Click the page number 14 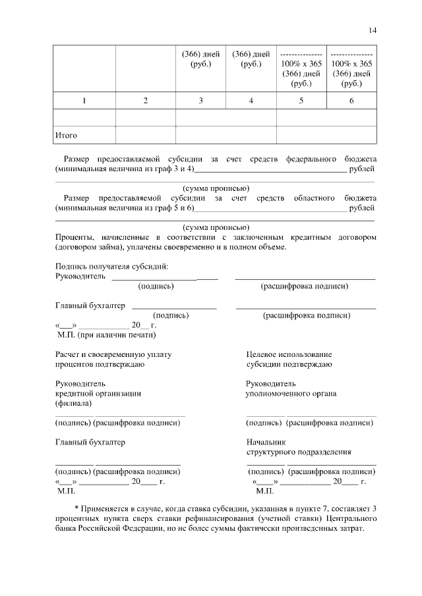(373, 30)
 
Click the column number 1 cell (84, 100)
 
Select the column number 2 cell (145, 100)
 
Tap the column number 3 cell (200, 100)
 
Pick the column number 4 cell (251, 100)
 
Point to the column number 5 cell (301, 100)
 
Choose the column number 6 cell (351, 100)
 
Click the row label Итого (66, 135)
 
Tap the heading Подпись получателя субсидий (111, 266)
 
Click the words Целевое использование (289, 354)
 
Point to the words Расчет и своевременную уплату (113, 354)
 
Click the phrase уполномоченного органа (291, 394)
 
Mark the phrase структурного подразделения (298, 452)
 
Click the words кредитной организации (98, 394)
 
